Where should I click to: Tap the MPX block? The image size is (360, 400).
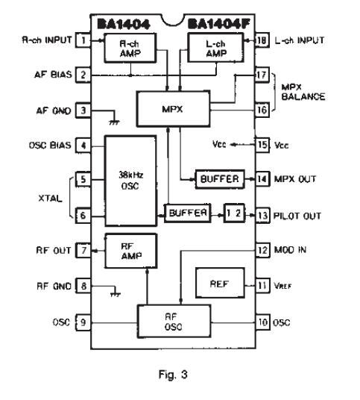(170, 110)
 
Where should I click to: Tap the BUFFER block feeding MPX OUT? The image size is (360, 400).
(219, 180)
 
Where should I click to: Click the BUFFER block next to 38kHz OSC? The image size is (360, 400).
(186, 214)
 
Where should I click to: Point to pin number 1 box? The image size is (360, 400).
(84, 40)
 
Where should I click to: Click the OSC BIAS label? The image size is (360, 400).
(48, 145)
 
